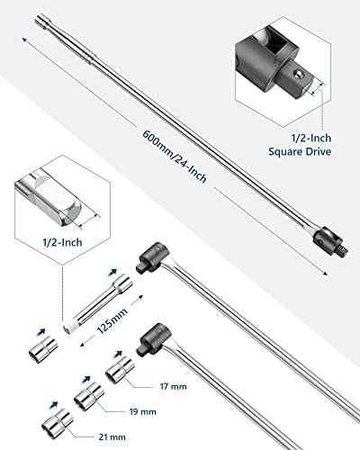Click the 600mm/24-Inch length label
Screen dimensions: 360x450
[x=175, y=157]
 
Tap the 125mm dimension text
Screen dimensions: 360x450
[x=112, y=320]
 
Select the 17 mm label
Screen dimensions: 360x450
[x=173, y=386]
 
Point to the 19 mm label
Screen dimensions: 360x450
[x=143, y=411]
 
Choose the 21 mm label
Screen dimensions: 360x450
[x=112, y=437]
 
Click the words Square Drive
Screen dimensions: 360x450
[x=300, y=151]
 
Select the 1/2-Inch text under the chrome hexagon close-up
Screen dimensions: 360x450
[x=62, y=242]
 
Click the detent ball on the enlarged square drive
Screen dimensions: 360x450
[x=298, y=74]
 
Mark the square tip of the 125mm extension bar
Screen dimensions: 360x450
[x=68, y=328]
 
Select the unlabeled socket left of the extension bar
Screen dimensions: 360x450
[x=43, y=349]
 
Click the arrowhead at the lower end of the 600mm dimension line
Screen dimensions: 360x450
[x=325, y=273]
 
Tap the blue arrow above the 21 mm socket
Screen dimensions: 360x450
[x=54, y=405]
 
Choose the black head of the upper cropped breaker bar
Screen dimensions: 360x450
[x=153, y=257]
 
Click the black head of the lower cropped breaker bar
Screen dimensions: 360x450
[x=153, y=340]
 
